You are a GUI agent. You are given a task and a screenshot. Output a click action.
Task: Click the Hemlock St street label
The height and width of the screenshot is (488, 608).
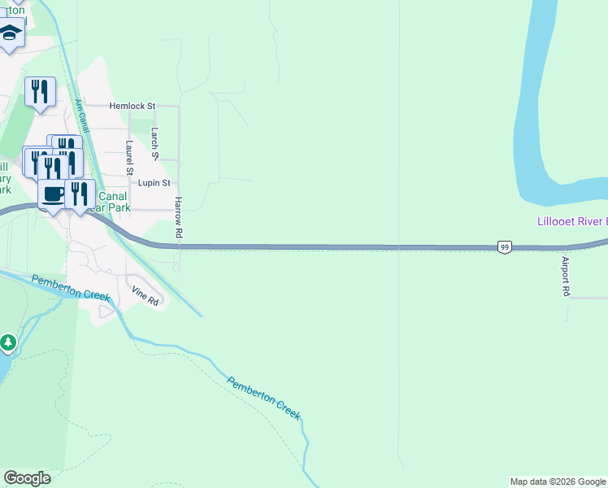[x=132, y=106]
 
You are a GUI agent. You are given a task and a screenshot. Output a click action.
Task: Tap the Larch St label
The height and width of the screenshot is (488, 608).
[x=154, y=143]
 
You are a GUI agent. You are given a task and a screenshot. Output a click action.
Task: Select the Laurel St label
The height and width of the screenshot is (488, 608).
[x=129, y=158]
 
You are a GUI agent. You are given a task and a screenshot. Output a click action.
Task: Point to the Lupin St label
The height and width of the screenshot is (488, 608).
[x=154, y=184]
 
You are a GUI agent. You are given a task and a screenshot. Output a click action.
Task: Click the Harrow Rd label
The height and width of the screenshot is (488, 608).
[x=179, y=217]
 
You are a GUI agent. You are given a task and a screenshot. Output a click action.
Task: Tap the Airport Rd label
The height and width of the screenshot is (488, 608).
[x=566, y=277]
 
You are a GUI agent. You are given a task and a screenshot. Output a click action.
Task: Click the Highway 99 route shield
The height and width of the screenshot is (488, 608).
[x=505, y=247]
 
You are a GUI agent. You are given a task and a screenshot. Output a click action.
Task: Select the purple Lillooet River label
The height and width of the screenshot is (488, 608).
[x=572, y=221]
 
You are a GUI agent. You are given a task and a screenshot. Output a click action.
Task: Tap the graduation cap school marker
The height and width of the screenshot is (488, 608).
[x=10, y=34]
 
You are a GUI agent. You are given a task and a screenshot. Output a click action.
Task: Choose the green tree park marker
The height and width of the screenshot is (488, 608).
[x=7, y=343]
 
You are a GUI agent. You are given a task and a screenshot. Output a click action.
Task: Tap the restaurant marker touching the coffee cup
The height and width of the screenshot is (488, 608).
[x=79, y=194]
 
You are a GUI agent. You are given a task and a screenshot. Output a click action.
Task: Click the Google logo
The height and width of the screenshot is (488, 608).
[x=27, y=478]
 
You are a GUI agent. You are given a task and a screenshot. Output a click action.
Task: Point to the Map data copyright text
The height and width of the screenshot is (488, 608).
[x=558, y=481]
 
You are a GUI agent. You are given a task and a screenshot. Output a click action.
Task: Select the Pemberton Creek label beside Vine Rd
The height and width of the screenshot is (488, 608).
[x=71, y=287]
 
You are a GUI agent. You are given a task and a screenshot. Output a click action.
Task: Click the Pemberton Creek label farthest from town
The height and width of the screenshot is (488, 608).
[x=263, y=399]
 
